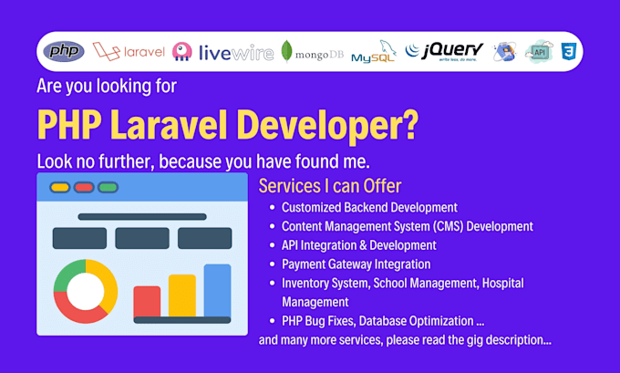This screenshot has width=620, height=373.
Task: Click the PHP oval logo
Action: (x=64, y=51)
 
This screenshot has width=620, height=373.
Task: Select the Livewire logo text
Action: (x=235, y=52)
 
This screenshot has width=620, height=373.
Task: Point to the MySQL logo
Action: (x=374, y=53)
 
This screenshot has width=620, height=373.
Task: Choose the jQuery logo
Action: (x=445, y=51)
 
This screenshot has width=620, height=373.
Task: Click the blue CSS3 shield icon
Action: (x=568, y=51)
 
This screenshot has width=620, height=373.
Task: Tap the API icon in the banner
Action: (x=538, y=51)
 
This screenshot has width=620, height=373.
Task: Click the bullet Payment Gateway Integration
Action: (x=356, y=264)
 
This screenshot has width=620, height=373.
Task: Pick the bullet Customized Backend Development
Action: (x=369, y=208)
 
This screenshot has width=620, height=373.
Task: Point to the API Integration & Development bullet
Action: (x=358, y=245)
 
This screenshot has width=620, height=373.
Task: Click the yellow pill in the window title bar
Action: (x=60, y=188)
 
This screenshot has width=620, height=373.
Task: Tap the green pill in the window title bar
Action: (x=108, y=188)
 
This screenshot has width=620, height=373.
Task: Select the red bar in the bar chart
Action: (x=147, y=301)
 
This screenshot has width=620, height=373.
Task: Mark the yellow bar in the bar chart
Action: (x=182, y=295)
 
